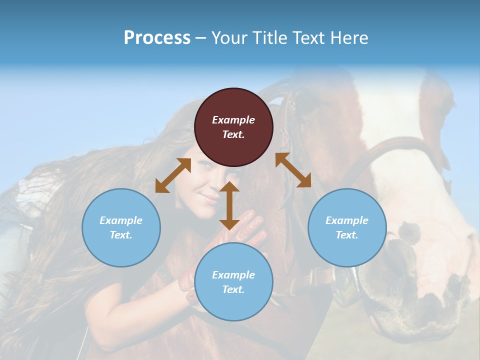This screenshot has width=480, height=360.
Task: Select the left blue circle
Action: point(121,227)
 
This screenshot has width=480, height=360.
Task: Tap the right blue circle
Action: point(347,227)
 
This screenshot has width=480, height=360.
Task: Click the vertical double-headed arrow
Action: point(229,205)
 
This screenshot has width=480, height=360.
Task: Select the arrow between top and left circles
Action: point(173,175)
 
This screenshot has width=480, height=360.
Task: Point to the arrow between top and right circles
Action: point(293,170)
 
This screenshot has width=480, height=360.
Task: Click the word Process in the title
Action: point(157,37)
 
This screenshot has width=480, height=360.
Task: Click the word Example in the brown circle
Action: point(233,120)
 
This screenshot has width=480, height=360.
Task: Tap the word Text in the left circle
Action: point(121,235)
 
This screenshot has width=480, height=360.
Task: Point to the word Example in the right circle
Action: point(347,220)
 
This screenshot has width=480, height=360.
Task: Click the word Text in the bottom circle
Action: point(233,289)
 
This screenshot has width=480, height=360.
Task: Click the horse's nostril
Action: point(411,231)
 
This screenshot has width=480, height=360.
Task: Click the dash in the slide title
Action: point(201,38)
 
